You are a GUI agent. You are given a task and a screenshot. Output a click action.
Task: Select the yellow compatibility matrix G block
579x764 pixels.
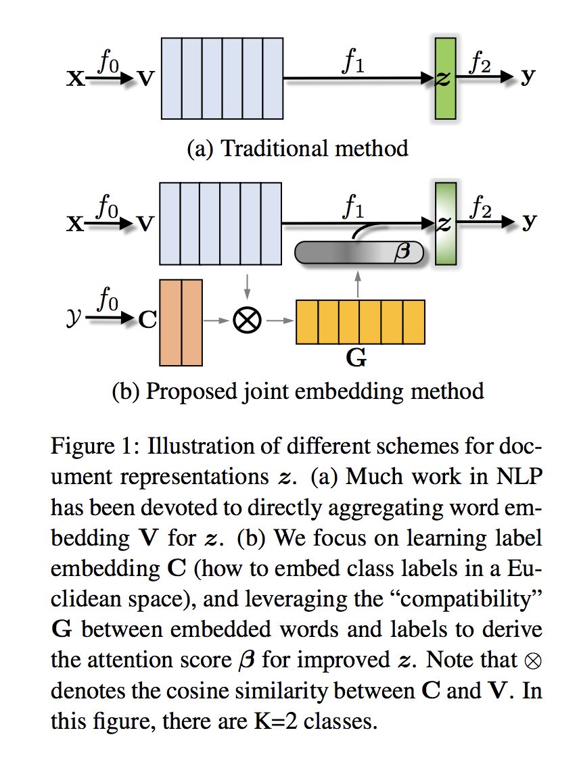coord(360,322)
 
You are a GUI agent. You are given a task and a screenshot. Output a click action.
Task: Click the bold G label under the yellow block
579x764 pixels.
coord(356,358)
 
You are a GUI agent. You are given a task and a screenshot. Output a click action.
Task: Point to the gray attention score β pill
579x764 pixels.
coord(359,253)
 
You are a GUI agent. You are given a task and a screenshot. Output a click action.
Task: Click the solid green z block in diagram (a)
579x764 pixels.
coord(445,78)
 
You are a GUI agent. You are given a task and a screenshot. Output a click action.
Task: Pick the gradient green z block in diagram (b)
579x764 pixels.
coord(445,223)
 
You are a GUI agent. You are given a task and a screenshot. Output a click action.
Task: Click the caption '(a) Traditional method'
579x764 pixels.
coord(298,147)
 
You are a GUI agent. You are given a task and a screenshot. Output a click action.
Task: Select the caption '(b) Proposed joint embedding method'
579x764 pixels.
coord(298,391)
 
